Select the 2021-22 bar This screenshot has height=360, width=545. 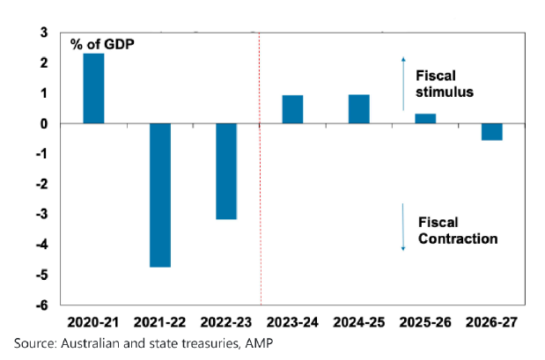click(x=159, y=195)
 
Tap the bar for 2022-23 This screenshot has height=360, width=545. click(x=226, y=171)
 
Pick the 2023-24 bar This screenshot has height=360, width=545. click(x=292, y=109)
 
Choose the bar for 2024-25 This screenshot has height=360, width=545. click(x=358, y=108)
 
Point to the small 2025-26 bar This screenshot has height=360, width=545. click(x=424, y=118)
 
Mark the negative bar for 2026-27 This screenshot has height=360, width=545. click(x=491, y=131)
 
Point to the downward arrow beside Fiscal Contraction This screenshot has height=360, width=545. click(x=403, y=227)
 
